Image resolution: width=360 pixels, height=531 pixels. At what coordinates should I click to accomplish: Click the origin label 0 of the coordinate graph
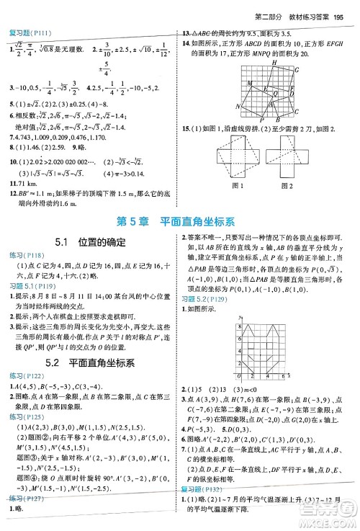(235, 377)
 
